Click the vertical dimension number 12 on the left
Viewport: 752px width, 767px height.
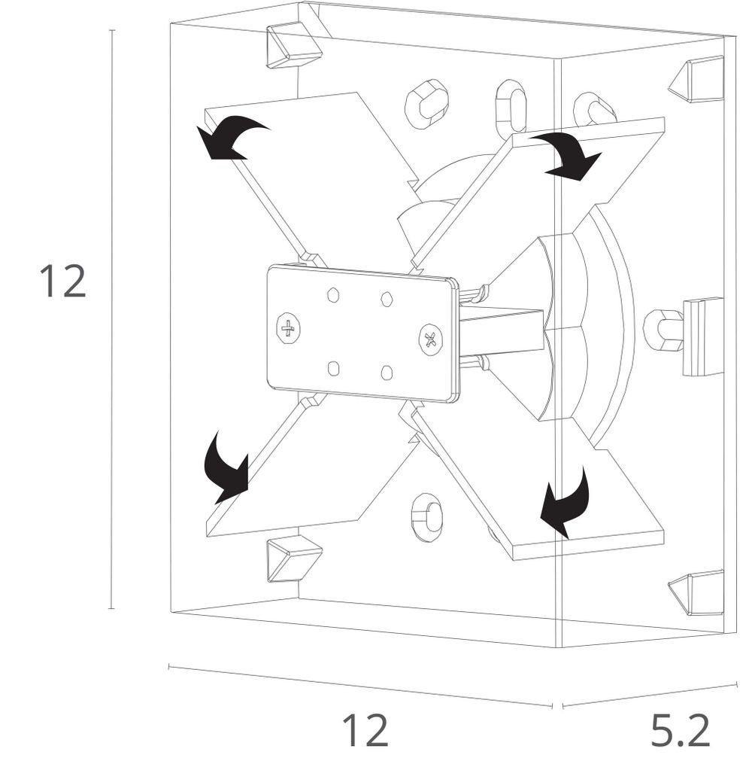pyautogui.click(x=63, y=282)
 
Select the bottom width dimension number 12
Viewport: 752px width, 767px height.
pyautogui.click(x=365, y=729)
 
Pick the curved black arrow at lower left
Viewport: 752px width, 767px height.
pyautogui.click(x=229, y=467)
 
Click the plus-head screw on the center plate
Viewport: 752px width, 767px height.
pyautogui.click(x=288, y=328)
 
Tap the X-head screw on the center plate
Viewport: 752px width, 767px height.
pyautogui.click(x=430, y=339)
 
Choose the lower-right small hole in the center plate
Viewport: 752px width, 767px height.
pyautogui.click(x=387, y=373)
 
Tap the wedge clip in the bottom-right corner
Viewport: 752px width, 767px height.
pyautogui.click(x=696, y=592)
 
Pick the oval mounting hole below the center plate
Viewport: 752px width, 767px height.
pyautogui.click(x=426, y=516)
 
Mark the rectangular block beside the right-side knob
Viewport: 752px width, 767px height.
pyautogui.click(x=701, y=336)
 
